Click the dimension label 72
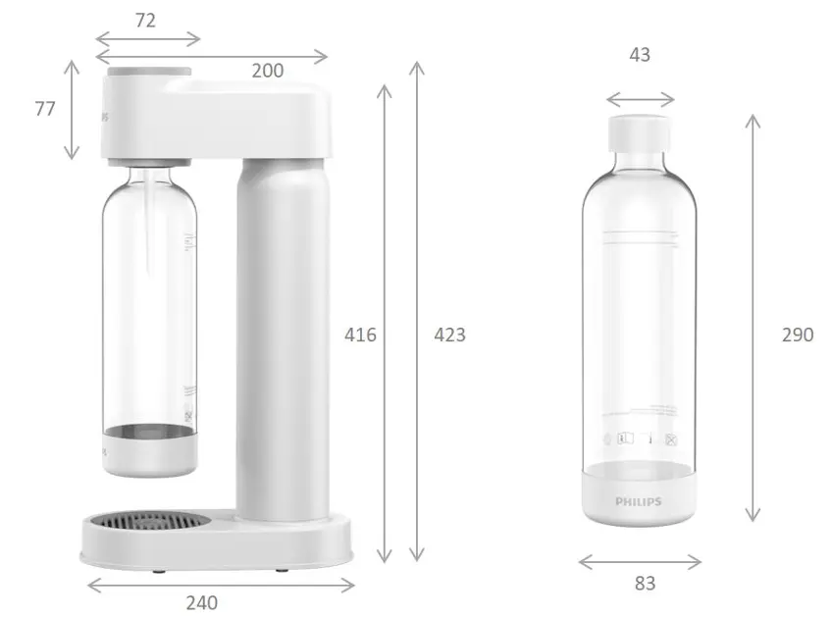point(145,20)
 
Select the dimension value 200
point(267,71)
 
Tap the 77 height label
point(44,109)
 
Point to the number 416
point(360,335)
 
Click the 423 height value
point(449,335)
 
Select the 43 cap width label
point(640,55)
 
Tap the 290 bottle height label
point(797,335)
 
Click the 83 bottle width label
point(644,583)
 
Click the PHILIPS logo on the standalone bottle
point(639,501)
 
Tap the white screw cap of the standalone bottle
point(640,132)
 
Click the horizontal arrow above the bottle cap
point(640,98)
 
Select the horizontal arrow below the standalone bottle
point(640,562)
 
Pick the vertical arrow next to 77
point(71,109)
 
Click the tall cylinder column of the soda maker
point(283,334)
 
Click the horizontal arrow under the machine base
point(221,585)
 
